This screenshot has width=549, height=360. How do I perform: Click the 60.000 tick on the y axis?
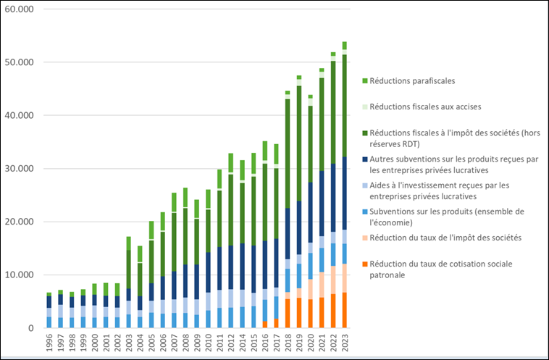click(x=25, y=9)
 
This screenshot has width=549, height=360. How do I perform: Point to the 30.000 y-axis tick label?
click(x=25, y=169)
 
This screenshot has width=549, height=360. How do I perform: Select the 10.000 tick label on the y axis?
click(x=25, y=275)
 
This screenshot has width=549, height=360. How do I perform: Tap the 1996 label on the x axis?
click(x=49, y=344)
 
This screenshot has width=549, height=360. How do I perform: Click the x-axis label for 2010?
click(x=209, y=344)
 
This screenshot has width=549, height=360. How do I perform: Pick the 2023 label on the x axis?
click(x=344, y=344)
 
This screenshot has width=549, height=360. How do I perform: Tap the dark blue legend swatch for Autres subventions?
click(x=364, y=159)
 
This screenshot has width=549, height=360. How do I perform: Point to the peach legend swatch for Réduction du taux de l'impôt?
click(x=364, y=237)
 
